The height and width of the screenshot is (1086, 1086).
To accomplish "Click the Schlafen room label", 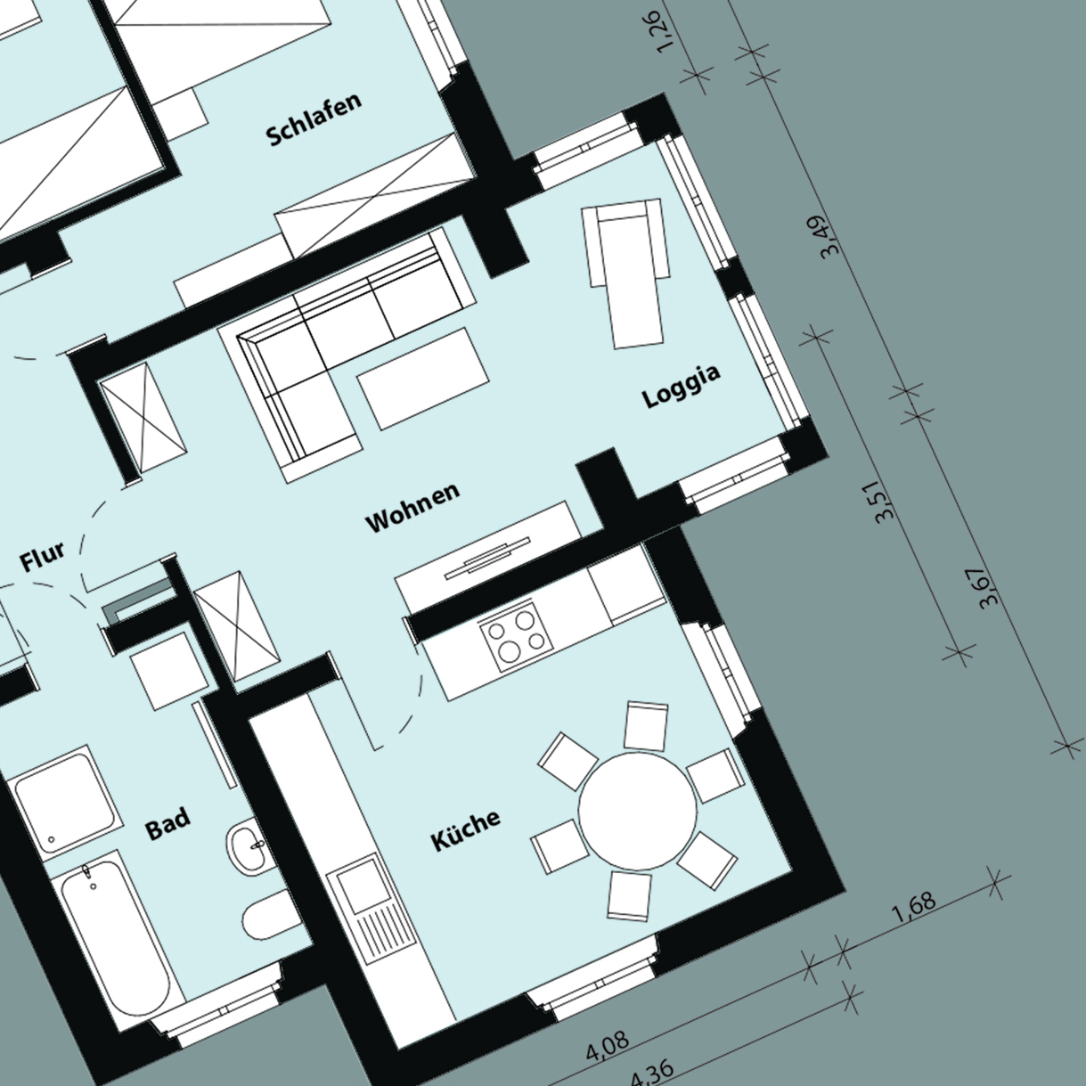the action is point(314,119).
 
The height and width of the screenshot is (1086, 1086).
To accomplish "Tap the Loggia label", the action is point(682,386).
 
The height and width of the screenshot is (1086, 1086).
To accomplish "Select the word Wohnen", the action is point(412,507).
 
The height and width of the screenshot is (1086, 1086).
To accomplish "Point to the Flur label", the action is point(42,556).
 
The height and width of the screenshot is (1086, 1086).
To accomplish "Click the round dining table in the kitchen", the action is point(637,811).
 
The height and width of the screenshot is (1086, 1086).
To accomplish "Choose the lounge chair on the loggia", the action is point(625,273).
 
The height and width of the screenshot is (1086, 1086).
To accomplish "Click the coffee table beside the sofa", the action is point(422,378).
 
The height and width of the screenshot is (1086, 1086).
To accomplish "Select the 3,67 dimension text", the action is point(989,587).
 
